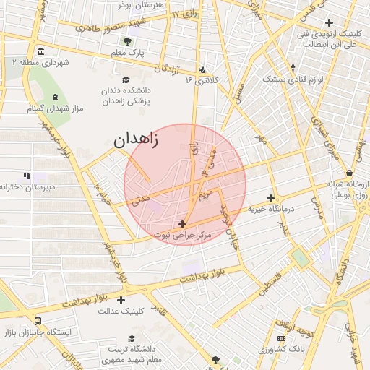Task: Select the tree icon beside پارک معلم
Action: click(x=128, y=41)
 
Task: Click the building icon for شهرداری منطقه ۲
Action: click(x=40, y=51)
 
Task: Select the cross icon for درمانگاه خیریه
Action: click(x=271, y=198)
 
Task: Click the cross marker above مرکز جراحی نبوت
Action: click(x=182, y=224)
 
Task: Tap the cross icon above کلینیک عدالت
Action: click(x=121, y=300)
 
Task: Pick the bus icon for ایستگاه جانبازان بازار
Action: click(x=37, y=321)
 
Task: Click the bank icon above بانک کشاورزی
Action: click(x=281, y=339)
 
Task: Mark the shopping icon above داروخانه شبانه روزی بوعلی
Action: click(x=350, y=173)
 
